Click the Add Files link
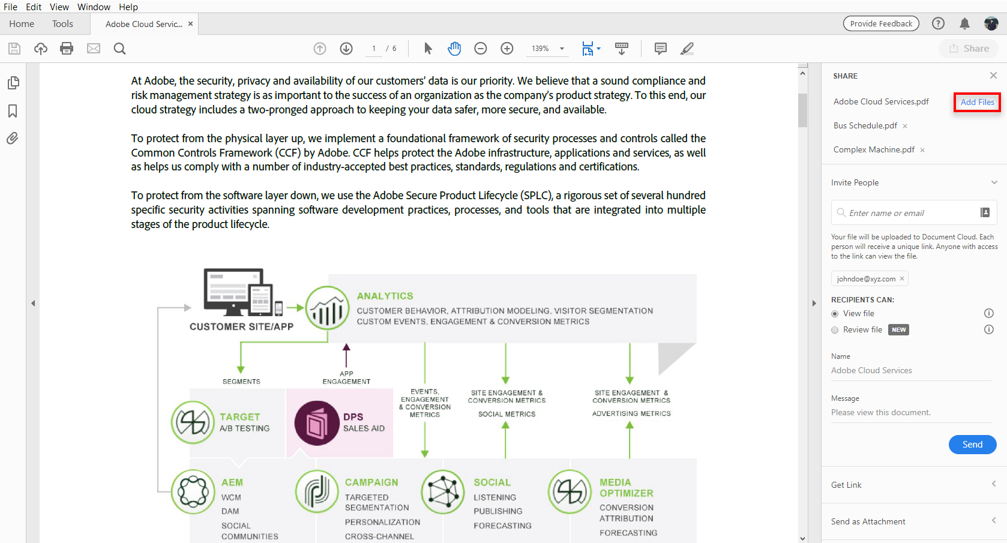pos(978,102)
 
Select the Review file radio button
pos(835,330)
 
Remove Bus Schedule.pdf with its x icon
pos(905,126)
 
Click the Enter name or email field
pos(908,212)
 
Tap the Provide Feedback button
pos(881,23)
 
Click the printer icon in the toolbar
pos(67,48)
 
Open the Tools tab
pos(62,24)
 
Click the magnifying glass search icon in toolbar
pos(119,49)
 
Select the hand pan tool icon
pos(454,48)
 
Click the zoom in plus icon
pos(507,48)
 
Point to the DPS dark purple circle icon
pos(316,423)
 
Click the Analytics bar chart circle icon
pos(327,308)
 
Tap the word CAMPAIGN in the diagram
pos(371,482)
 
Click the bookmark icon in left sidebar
pos(13,110)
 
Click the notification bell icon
pos(964,23)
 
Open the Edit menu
pos(33,7)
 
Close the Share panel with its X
pos(993,76)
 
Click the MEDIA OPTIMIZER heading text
pos(627,488)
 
